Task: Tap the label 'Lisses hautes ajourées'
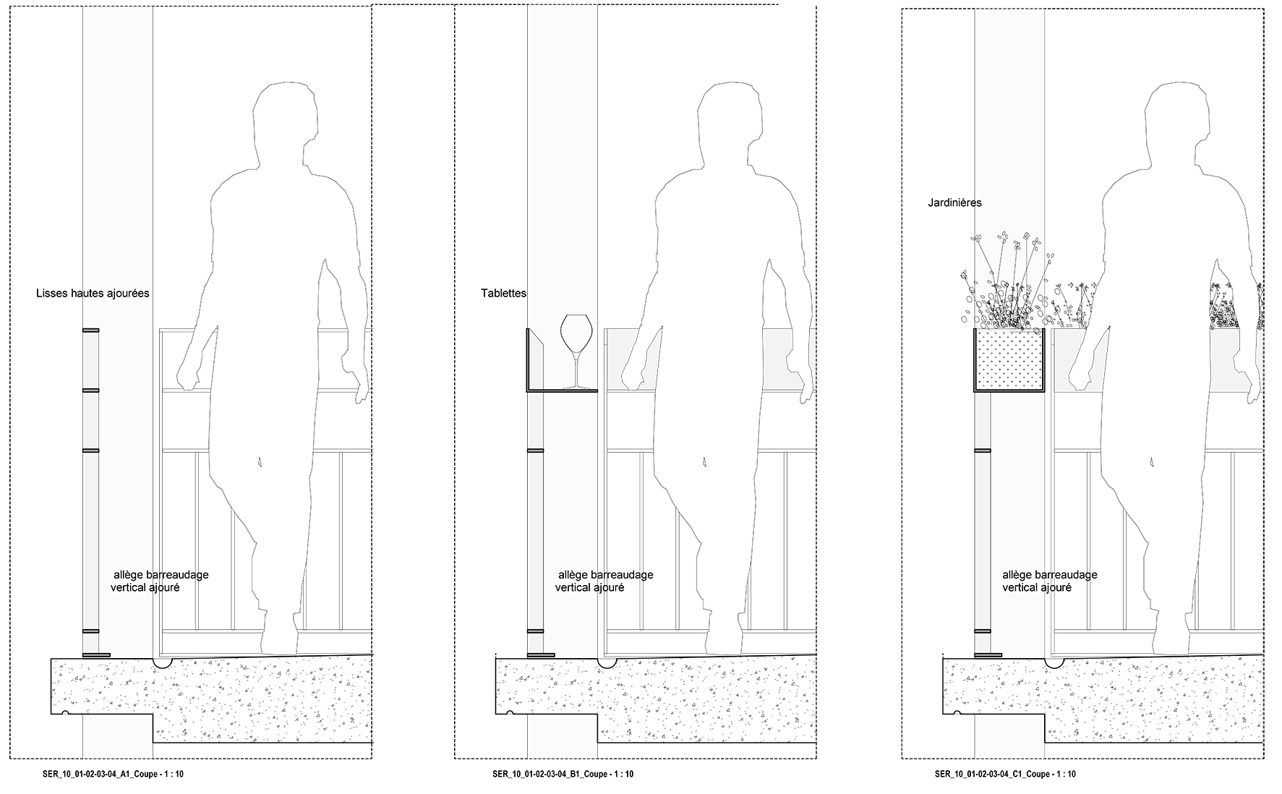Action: pyautogui.click(x=93, y=294)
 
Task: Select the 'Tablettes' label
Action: pyautogui.click(x=503, y=294)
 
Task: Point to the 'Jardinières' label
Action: pyautogui.click(x=954, y=203)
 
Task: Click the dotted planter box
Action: pyautogui.click(x=1009, y=359)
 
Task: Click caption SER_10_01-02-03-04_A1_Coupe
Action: pyautogui.click(x=114, y=774)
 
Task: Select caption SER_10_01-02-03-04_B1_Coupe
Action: pyautogui.click(x=563, y=774)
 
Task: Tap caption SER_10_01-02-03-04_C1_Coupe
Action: pyautogui.click(x=1005, y=774)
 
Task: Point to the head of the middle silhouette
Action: pyautogui.click(x=731, y=119)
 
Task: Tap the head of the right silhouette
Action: pyautogui.click(x=1179, y=119)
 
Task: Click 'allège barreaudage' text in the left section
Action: pyautogui.click(x=161, y=575)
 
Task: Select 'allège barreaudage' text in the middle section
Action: pyautogui.click(x=605, y=575)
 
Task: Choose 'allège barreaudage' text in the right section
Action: pyautogui.click(x=1049, y=575)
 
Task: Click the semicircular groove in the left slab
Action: pyautogui.click(x=162, y=662)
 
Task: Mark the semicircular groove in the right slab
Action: pyautogui.click(x=1054, y=662)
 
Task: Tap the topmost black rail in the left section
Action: pyautogui.click(x=90, y=330)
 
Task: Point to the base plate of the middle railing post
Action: pyautogui.click(x=541, y=655)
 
